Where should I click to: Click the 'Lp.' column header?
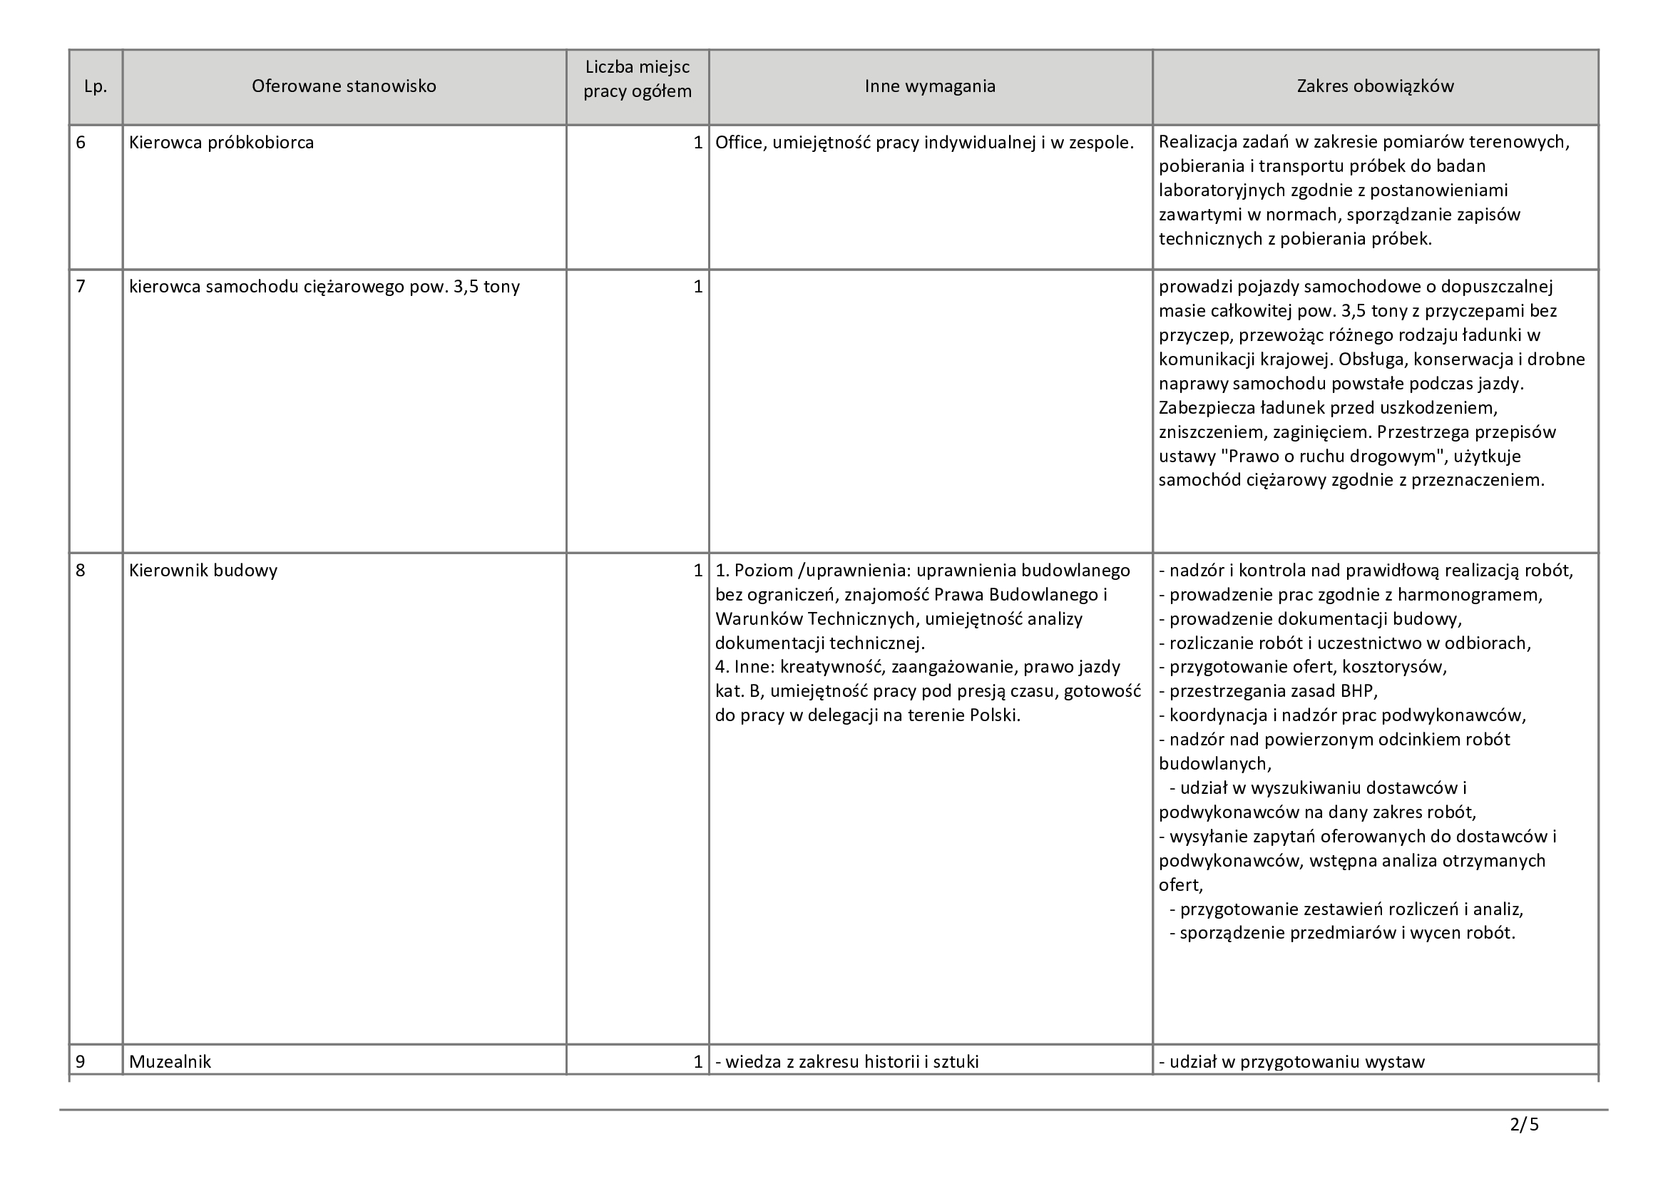(95, 86)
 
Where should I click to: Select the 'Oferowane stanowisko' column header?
(344, 86)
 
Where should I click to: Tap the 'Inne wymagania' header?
(930, 86)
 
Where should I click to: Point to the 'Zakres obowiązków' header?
(1375, 86)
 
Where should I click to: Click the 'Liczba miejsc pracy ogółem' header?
(637, 80)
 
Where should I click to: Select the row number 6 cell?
(81, 143)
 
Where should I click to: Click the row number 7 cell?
(81, 287)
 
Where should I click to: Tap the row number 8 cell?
(81, 571)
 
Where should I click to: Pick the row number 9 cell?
(81, 1061)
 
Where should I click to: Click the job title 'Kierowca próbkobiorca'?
(222, 143)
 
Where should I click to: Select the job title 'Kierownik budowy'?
(203, 571)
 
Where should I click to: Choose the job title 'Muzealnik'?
(170, 1061)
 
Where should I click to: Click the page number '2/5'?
(1524, 1125)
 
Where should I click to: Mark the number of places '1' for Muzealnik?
(697, 1061)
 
